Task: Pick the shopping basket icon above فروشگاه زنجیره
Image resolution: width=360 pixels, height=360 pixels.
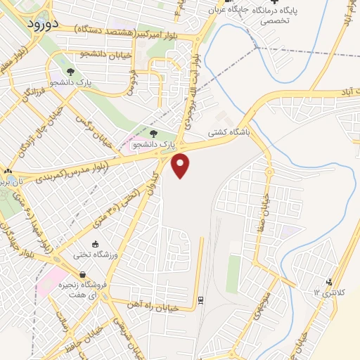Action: (x=83, y=275)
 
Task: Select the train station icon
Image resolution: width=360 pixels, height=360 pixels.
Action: (x=200, y=300)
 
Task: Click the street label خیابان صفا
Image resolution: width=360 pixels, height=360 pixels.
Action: (x=266, y=195)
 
